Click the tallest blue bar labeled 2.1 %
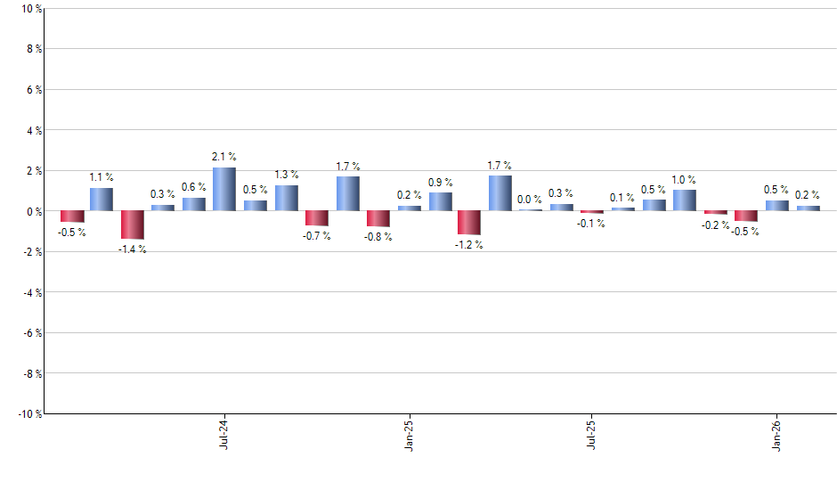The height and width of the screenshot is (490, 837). click(223, 189)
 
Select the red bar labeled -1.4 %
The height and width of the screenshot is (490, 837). click(133, 225)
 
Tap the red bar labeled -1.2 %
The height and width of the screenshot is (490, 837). click(469, 223)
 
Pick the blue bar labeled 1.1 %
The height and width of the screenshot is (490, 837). click(102, 200)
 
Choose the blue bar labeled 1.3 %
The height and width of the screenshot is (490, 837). click(286, 198)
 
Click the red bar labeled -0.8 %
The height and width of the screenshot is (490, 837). click(378, 218)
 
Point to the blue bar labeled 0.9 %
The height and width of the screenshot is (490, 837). click(440, 201)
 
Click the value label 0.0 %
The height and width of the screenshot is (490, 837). click(529, 200)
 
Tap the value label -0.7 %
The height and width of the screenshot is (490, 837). click(317, 236)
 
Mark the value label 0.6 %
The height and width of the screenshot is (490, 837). click(194, 187)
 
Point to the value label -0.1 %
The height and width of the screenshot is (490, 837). click(591, 224)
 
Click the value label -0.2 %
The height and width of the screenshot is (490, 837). click(715, 225)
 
